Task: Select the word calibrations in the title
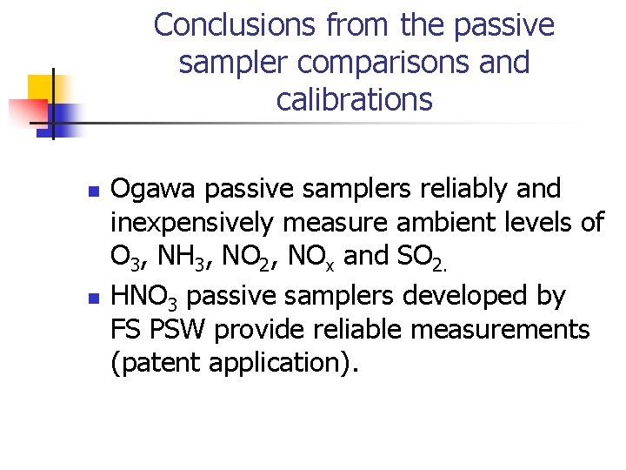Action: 354,100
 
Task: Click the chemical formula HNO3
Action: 145,297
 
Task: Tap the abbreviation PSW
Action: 175,331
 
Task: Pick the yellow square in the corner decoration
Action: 41,88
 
